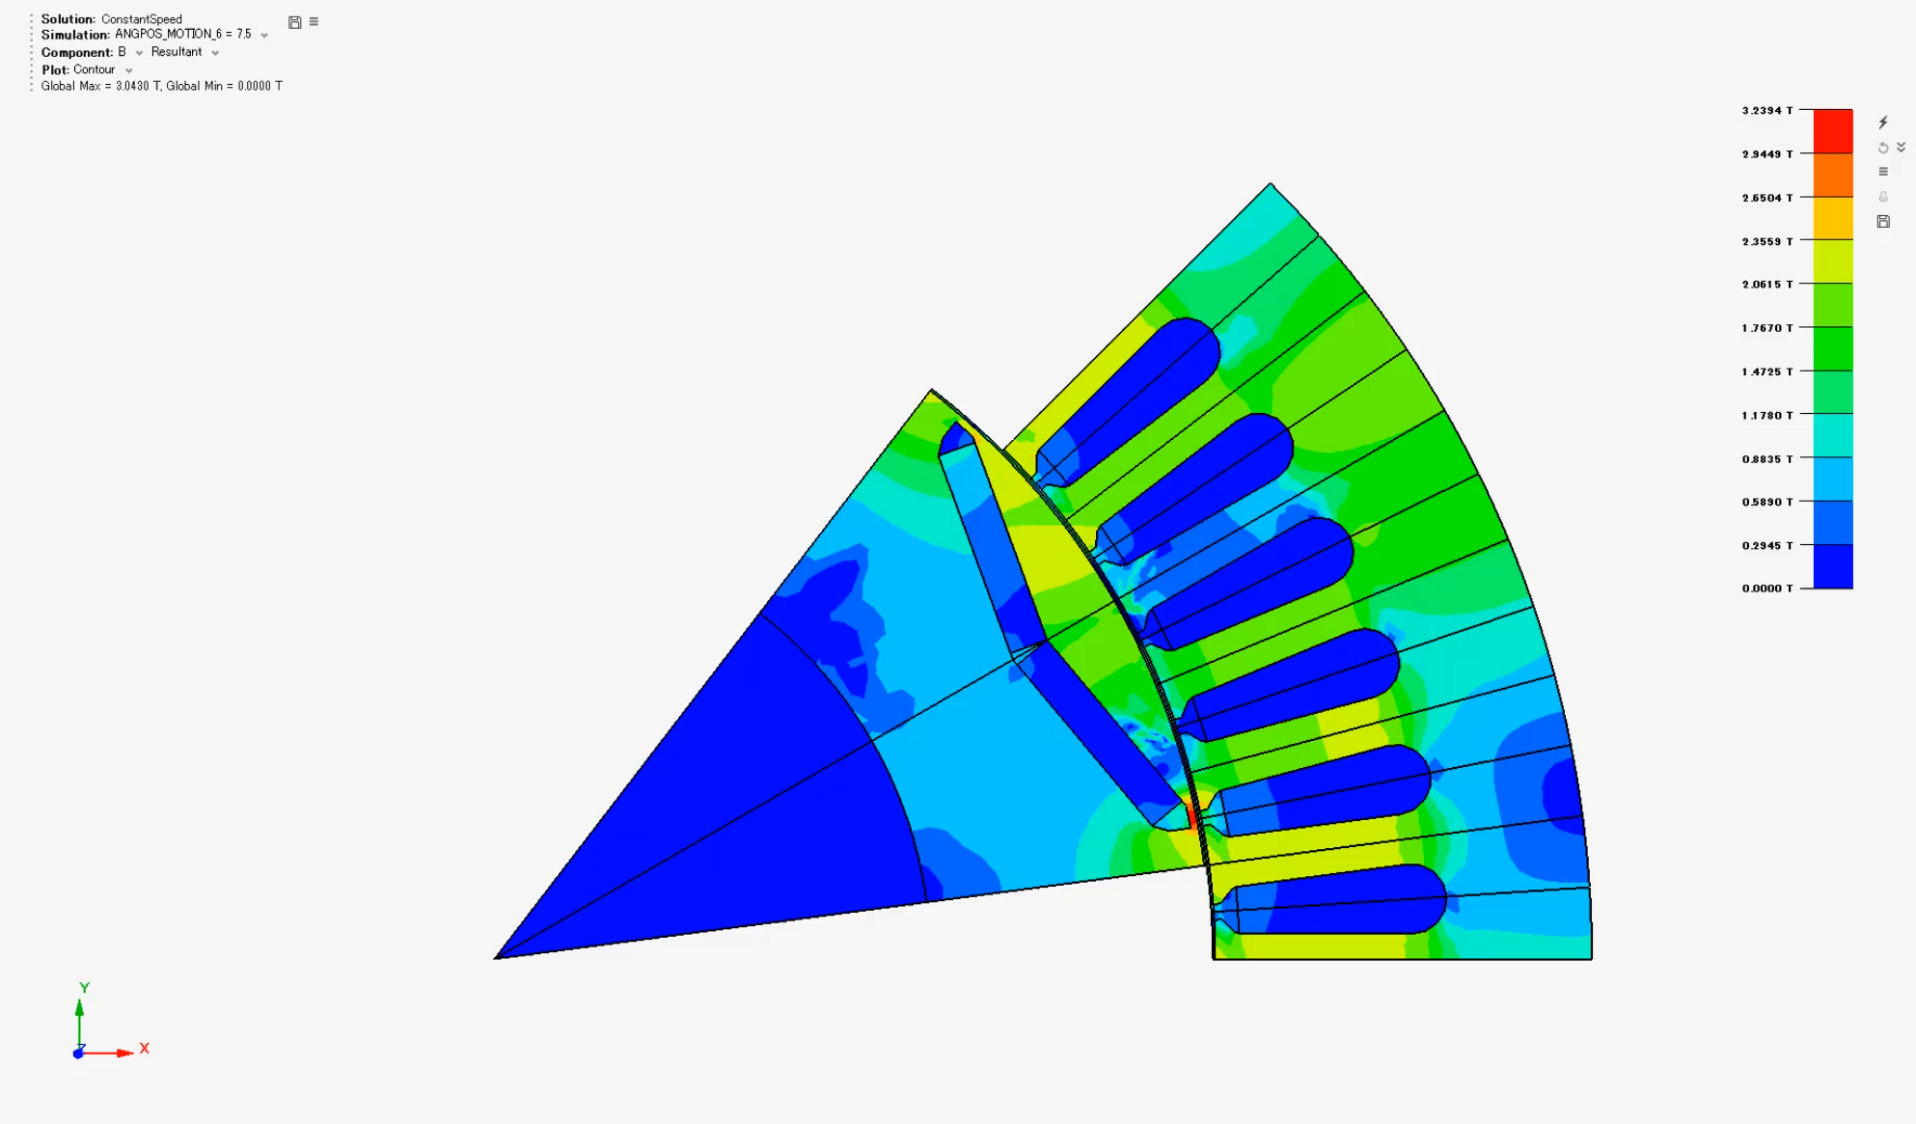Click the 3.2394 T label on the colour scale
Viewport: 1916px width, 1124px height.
pyautogui.click(x=1766, y=111)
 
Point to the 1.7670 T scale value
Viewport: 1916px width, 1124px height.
pyautogui.click(x=1766, y=328)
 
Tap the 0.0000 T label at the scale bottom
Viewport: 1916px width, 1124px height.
pyautogui.click(x=1766, y=589)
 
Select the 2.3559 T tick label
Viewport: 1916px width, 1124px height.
pyautogui.click(x=1766, y=241)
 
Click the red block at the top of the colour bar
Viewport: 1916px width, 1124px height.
pyautogui.click(x=1833, y=131)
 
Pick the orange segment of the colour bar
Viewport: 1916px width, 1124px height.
pyautogui.click(x=1833, y=175)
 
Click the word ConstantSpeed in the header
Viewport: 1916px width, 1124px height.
pyautogui.click(x=142, y=19)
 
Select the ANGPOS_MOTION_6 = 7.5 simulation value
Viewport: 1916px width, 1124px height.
pyautogui.click(x=183, y=35)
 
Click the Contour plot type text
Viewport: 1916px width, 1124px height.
pyautogui.click(x=95, y=69)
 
